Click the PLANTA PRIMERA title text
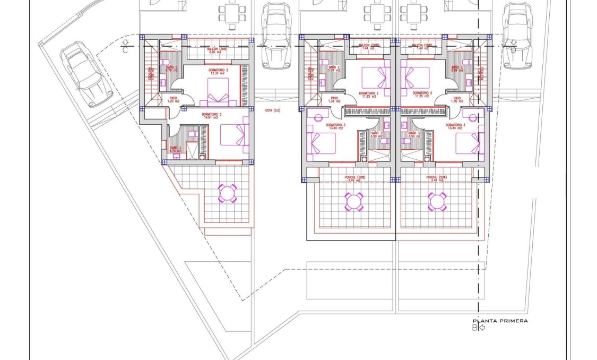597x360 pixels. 500,321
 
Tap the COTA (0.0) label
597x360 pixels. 272,110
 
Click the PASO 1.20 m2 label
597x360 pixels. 173,99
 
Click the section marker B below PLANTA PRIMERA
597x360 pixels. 475,328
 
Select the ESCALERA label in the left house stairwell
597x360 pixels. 151,74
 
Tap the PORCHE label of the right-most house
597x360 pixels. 436,178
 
